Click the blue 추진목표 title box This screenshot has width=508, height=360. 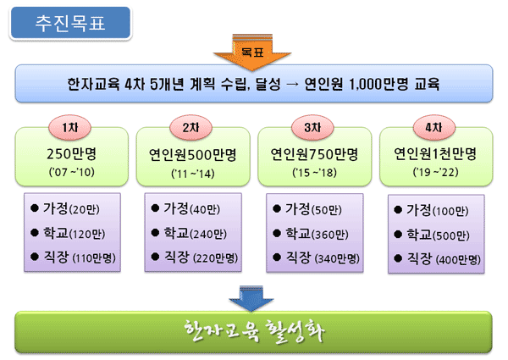click(x=70, y=24)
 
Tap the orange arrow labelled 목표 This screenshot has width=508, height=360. click(x=252, y=52)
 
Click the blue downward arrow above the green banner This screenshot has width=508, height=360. click(x=251, y=298)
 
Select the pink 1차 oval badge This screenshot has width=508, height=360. click(x=69, y=128)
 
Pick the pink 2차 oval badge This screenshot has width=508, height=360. click(x=190, y=128)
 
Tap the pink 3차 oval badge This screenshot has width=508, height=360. click(x=312, y=128)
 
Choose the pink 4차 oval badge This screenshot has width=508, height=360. click(x=433, y=128)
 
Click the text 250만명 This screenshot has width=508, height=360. click(x=72, y=154)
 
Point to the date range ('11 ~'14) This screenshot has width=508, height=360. click(x=193, y=174)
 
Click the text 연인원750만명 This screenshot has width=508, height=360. click(x=314, y=154)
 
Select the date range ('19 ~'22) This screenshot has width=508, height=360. click(x=436, y=172)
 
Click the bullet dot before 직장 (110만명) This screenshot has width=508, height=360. click(x=35, y=258)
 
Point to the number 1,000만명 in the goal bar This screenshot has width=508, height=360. click(x=378, y=84)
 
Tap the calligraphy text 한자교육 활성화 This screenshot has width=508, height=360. click(x=254, y=331)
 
